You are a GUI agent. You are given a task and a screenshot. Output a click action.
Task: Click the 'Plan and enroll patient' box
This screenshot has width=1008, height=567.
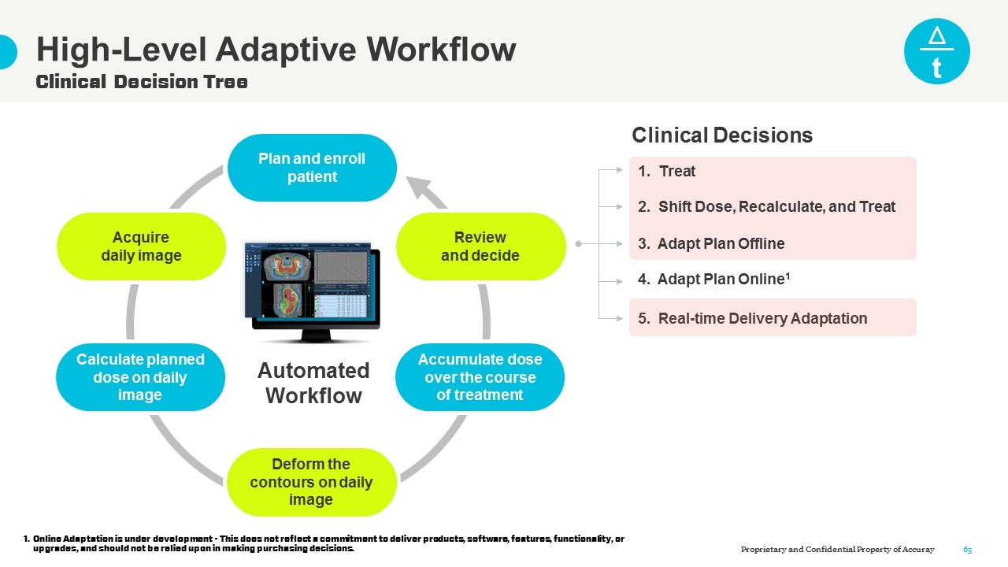click(x=312, y=168)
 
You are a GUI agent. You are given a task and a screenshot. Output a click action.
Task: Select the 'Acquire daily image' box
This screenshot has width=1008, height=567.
click(x=141, y=246)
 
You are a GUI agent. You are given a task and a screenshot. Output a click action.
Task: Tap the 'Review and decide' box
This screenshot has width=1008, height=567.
click(x=480, y=246)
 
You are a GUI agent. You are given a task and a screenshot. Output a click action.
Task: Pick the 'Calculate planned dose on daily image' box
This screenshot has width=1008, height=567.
click(x=140, y=377)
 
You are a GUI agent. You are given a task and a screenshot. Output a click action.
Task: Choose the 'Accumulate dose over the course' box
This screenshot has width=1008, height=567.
click(x=480, y=377)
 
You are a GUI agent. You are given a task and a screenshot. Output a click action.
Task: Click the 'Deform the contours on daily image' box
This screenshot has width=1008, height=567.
click(x=311, y=482)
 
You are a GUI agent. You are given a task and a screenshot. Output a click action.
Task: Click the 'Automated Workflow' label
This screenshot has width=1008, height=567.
click(x=313, y=383)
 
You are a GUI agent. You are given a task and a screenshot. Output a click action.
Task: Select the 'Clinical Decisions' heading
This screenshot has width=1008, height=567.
click(x=722, y=135)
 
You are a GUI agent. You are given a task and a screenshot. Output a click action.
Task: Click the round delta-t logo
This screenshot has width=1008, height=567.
click(x=936, y=51)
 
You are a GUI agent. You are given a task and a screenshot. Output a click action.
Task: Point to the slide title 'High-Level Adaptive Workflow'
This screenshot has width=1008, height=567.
click(x=276, y=50)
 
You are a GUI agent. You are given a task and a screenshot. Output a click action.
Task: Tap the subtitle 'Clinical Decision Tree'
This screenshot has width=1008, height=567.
click(x=142, y=82)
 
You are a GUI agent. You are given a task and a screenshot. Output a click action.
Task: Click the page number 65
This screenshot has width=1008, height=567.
click(x=968, y=550)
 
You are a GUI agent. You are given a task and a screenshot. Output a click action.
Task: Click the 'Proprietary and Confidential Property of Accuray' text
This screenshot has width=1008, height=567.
click(x=837, y=550)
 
